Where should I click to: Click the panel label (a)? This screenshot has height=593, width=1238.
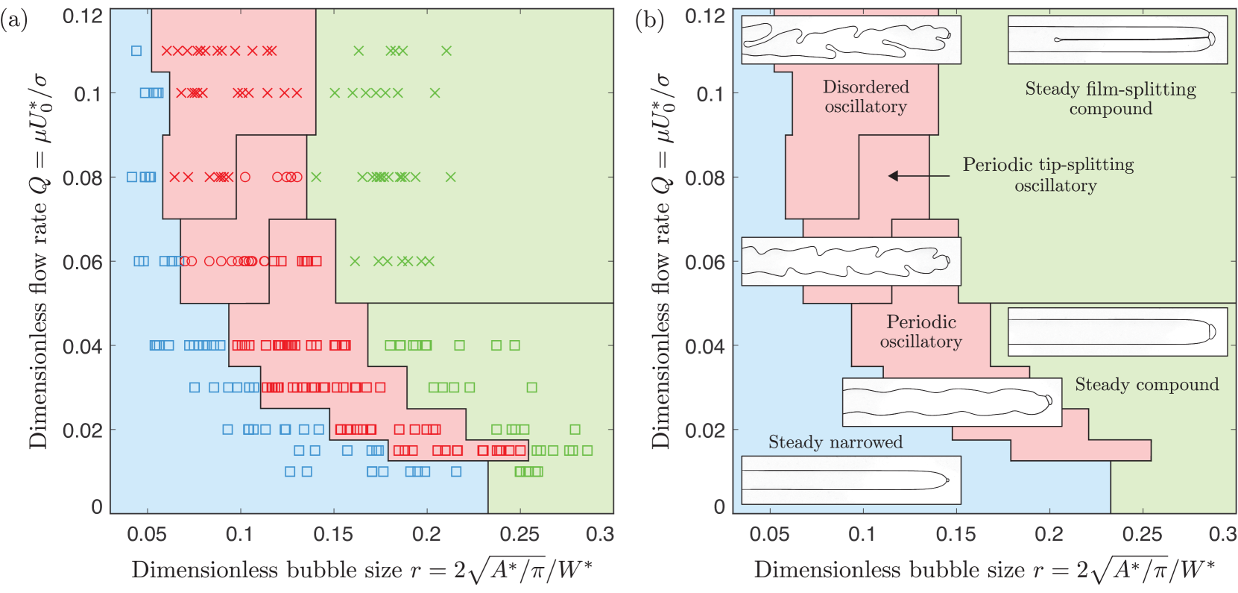(13, 20)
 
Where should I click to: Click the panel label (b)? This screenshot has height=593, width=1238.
(649, 20)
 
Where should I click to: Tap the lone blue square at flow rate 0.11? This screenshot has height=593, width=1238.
(136, 51)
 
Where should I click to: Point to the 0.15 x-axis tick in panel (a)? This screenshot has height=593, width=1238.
(333, 534)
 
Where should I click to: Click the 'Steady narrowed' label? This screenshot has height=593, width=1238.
(836, 442)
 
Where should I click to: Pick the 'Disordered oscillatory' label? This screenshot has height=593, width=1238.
(865, 97)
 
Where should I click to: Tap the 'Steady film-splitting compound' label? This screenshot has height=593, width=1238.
(1111, 98)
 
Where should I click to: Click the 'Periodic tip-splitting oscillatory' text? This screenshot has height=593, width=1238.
(1049, 175)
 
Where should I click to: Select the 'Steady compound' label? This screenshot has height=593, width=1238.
(1146, 385)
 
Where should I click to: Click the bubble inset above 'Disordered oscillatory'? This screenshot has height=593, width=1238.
(850, 40)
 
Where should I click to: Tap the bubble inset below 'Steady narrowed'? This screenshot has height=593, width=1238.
(850, 480)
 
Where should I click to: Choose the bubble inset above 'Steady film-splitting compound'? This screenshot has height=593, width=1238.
(1117, 40)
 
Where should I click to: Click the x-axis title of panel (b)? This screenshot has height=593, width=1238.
(984, 571)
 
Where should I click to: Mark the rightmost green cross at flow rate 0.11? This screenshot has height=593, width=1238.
(446, 51)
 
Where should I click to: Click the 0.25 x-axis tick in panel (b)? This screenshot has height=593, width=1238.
(1142, 534)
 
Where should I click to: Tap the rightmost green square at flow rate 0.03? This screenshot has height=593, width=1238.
(531, 387)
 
